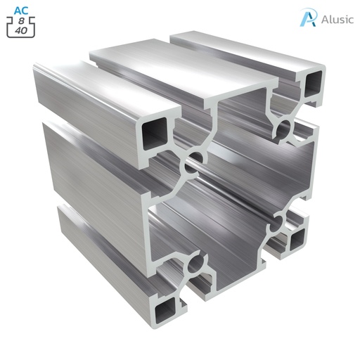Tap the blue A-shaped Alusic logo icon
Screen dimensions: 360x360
coord(307,18)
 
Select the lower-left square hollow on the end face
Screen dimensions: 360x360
coord(166,304)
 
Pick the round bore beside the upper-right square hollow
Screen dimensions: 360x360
coord(284,127)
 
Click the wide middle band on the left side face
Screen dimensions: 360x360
coord(91,169)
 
